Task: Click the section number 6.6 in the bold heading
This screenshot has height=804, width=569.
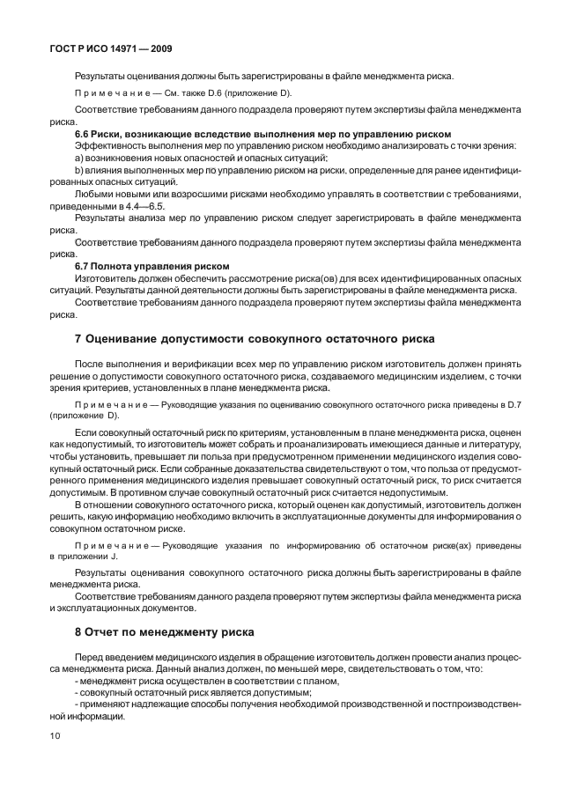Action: point(83,134)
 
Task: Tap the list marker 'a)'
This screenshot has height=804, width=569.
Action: point(79,156)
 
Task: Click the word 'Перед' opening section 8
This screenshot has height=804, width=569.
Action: point(91,658)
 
